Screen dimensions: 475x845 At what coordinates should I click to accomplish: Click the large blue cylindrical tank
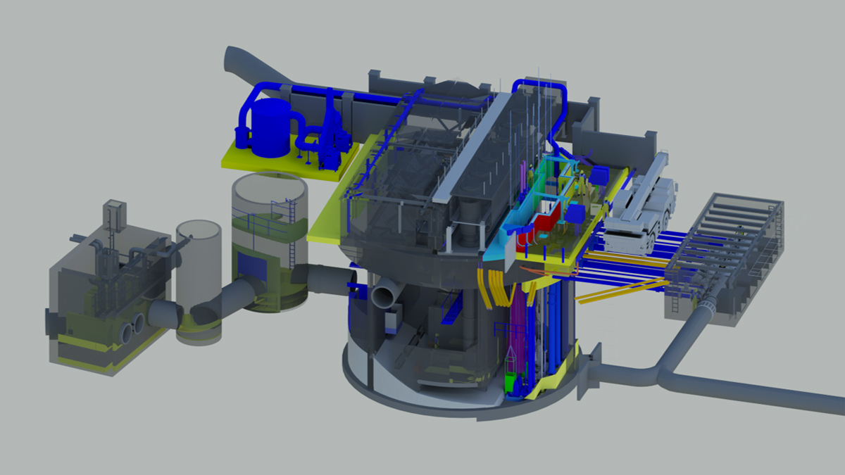[x=270, y=127]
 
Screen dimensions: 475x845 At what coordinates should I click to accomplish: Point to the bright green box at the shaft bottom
[x=511, y=384]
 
